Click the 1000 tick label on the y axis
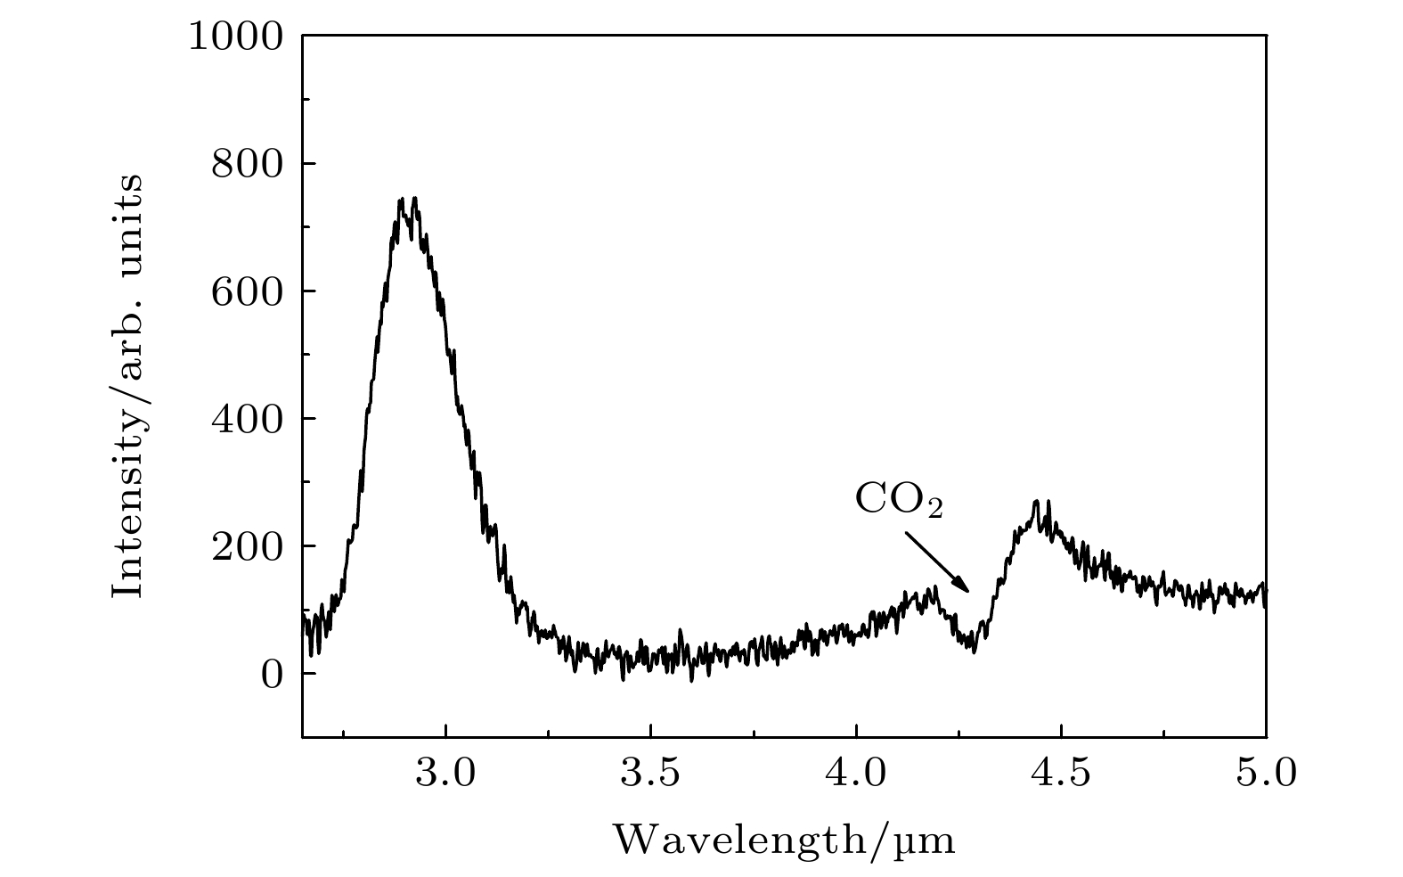(x=235, y=37)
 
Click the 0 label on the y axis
(x=272, y=674)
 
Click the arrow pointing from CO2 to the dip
(x=937, y=562)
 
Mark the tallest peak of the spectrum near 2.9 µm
(x=407, y=201)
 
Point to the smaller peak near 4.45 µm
(x=1037, y=504)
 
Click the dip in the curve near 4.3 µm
(x=974, y=648)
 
